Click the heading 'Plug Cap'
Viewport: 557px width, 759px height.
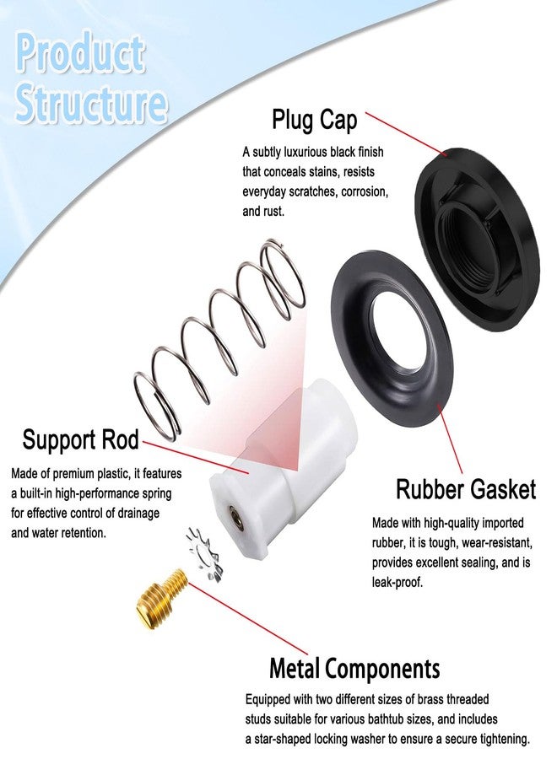pyautogui.click(x=314, y=120)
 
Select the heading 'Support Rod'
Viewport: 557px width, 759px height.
pyautogui.click(x=80, y=439)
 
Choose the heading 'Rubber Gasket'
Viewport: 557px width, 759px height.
pyautogui.click(x=466, y=489)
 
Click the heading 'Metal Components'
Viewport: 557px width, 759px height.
pyautogui.click(x=354, y=669)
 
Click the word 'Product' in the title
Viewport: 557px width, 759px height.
pyautogui.click(x=80, y=54)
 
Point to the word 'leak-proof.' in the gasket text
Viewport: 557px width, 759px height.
pyautogui.click(x=397, y=582)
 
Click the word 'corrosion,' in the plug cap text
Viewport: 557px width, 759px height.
pyautogui.click(x=365, y=191)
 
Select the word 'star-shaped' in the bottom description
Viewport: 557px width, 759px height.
pyautogui.click(x=282, y=739)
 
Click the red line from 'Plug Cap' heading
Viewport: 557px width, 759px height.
pyautogui.click(x=406, y=134)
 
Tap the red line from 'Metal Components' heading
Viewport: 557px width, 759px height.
pyautogui.click(x=247, y=619)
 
